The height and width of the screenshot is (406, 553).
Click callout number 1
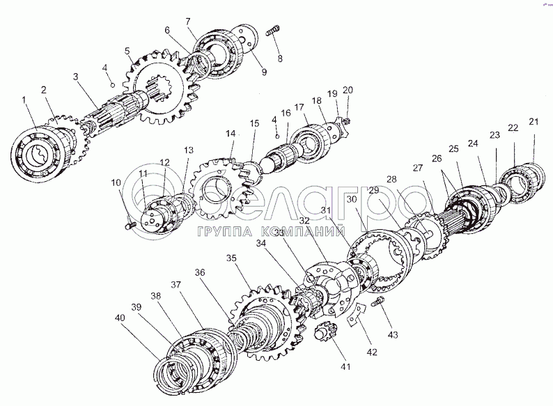point(25,100)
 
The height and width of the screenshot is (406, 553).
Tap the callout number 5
point(127,51)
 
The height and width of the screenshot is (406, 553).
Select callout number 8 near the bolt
point(280,58)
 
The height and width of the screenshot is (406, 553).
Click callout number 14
point(230,133)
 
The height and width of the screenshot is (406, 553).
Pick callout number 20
point(349,90)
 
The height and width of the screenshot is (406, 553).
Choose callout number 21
point(534,122)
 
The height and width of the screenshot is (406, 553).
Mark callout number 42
point(372,352)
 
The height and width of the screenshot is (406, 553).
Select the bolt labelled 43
point(381,302)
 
